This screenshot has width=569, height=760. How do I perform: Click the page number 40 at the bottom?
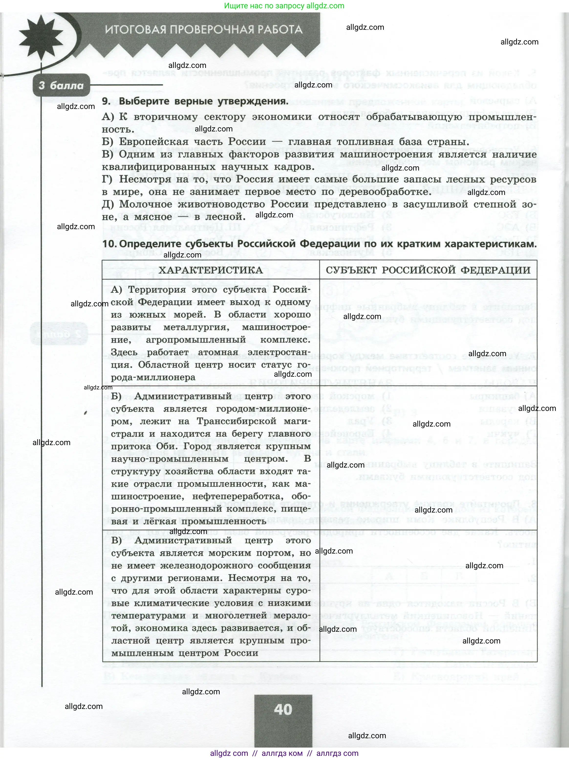(283, 697)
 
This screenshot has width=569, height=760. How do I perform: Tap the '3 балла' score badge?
(61, 86)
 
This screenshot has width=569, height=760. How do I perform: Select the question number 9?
(107, 102)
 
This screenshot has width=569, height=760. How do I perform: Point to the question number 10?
(109, 244)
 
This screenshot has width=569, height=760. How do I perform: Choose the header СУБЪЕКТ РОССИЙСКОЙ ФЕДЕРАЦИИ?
(428, 270)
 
